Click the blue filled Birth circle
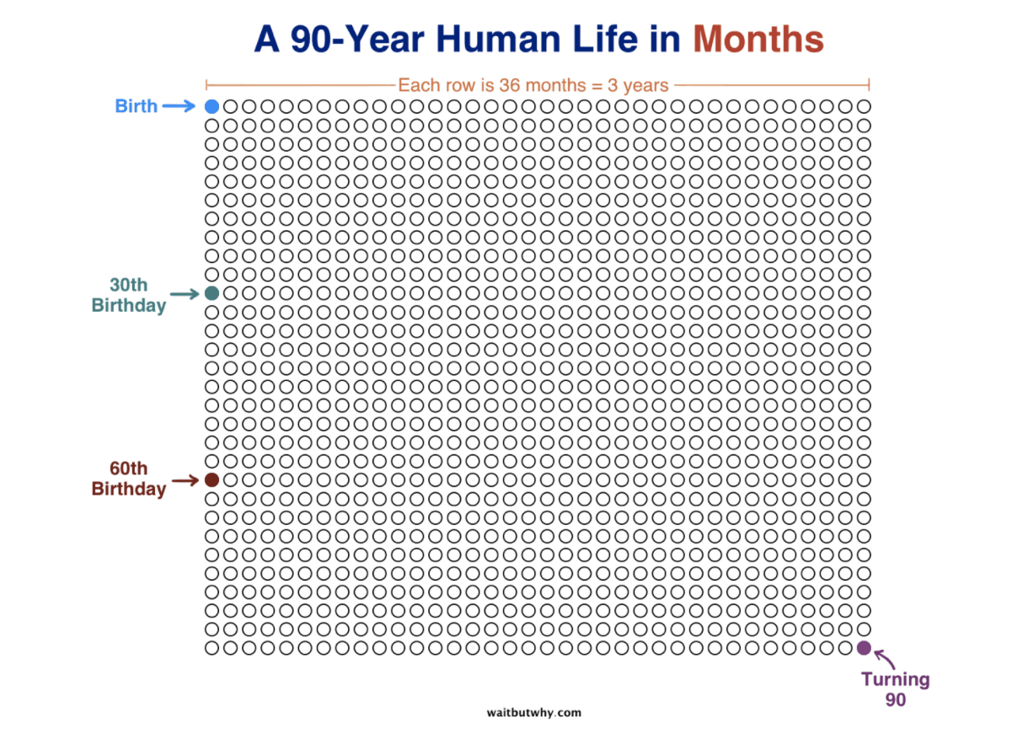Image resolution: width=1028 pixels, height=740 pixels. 211,107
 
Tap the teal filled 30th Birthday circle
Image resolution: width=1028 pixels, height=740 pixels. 211,293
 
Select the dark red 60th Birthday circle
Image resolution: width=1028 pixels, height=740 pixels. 211,480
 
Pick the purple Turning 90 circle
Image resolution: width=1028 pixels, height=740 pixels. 864,648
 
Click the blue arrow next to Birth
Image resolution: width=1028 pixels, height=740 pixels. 179,106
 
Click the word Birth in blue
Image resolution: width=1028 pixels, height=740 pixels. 136,106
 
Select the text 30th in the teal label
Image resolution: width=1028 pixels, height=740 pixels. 128,284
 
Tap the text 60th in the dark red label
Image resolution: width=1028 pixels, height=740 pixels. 128,469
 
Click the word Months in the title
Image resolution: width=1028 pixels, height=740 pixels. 758,40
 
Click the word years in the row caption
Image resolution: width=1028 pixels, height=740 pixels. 645,85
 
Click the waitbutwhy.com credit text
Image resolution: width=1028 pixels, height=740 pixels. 533,712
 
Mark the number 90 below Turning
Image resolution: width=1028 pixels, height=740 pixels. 895,700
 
